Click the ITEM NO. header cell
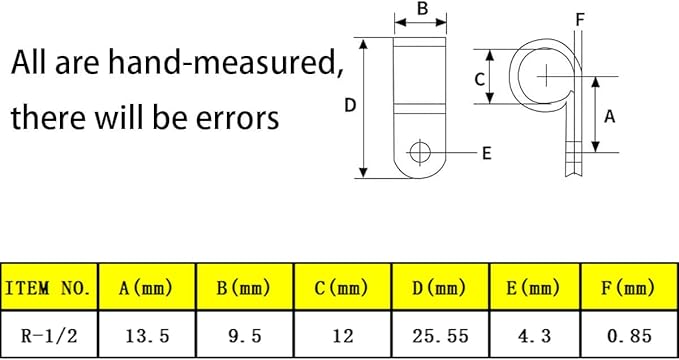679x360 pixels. coord(49,287)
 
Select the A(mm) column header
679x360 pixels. coord(147,287)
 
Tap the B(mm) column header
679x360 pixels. coord(245,287)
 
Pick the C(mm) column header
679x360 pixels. coord(343,287)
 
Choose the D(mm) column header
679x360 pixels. coord(440,287)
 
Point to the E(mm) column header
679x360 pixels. coord(535,287)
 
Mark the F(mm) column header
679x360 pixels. coord(630,287)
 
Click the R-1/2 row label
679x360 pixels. coord(49,335)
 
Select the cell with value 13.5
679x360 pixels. coord(147,335)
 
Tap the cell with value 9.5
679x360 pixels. coord(245,335)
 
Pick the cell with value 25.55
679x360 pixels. coord(440,335)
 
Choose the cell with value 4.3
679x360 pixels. coord(535,335)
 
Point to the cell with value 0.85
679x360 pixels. coord(630,335)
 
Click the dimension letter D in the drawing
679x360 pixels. coord(350,105)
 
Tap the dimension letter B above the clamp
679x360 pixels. coord(422,9)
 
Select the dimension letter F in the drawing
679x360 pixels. coord(580,19)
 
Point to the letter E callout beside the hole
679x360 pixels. coord(487,153)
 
